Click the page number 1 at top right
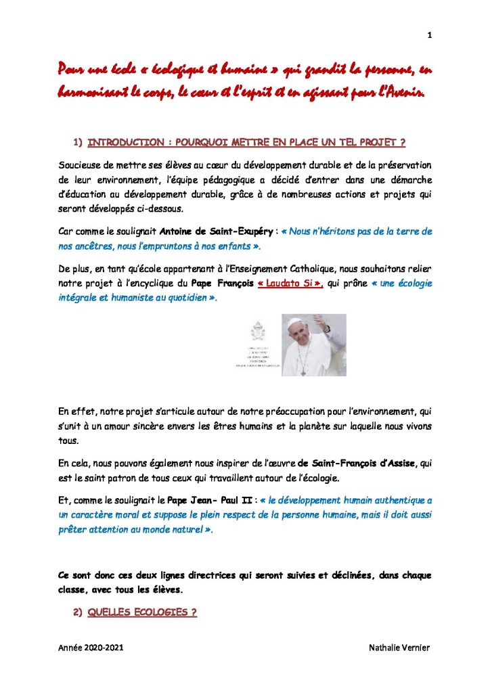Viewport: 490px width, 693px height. (x=430, y=35)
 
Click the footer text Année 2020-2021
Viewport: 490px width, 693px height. (x=91, y=648)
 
